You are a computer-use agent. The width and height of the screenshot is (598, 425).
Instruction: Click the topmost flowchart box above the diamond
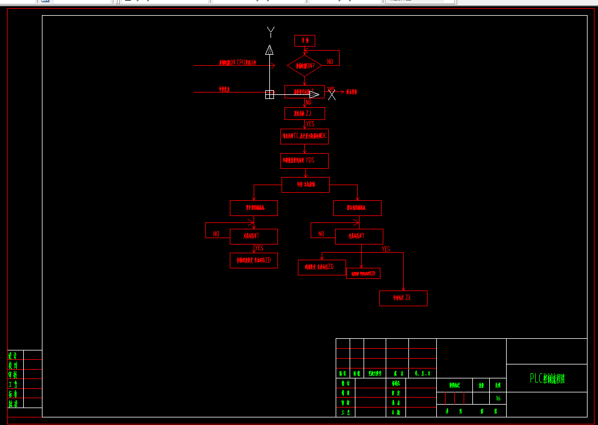click(304, 41)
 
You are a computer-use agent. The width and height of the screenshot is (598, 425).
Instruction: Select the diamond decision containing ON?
click(304, 66)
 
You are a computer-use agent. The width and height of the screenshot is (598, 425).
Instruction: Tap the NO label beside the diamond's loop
click(330, 61)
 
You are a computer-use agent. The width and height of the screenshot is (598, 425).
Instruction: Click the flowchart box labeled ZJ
click(304, 114)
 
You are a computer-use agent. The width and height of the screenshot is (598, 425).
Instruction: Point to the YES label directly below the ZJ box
click(310, 124)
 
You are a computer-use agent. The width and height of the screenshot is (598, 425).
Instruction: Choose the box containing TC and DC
click(304, 137)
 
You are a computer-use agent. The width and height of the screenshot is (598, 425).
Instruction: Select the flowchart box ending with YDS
click(304, 161)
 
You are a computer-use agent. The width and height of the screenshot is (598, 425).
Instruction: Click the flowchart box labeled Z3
click(403, 298)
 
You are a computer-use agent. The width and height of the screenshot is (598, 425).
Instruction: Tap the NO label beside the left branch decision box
click(216, 234)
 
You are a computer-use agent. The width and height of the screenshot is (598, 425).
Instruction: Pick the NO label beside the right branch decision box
click(321, 234)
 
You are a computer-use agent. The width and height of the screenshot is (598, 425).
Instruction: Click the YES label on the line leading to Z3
click(386, 249)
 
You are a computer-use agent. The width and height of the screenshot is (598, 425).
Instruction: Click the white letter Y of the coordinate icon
click(270, 31)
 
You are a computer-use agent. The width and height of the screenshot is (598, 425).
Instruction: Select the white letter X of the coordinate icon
click(332, 95)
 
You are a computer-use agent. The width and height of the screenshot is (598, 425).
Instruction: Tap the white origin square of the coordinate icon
click(269, 94)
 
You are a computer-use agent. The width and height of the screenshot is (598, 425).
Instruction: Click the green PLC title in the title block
click(547, 379)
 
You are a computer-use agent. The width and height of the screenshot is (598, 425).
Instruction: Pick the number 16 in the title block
click(498, 399)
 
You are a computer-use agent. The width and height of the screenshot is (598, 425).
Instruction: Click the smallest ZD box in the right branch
click(363, 274)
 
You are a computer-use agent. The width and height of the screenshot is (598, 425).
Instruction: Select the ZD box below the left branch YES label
click(254, 261)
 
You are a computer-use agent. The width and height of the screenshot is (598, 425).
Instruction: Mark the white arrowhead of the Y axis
click(269, 49)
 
